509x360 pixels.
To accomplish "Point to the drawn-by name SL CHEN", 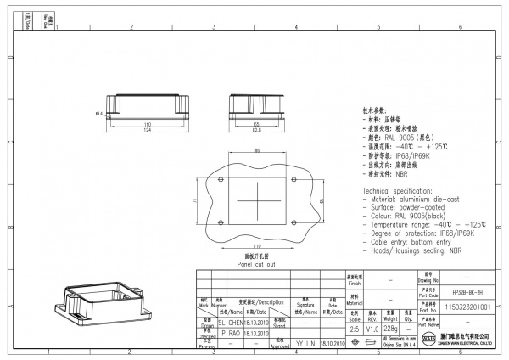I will pos(231,323).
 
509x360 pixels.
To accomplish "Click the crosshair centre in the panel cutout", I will pos(257,200).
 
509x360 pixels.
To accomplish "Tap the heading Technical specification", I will pos(400,191).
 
